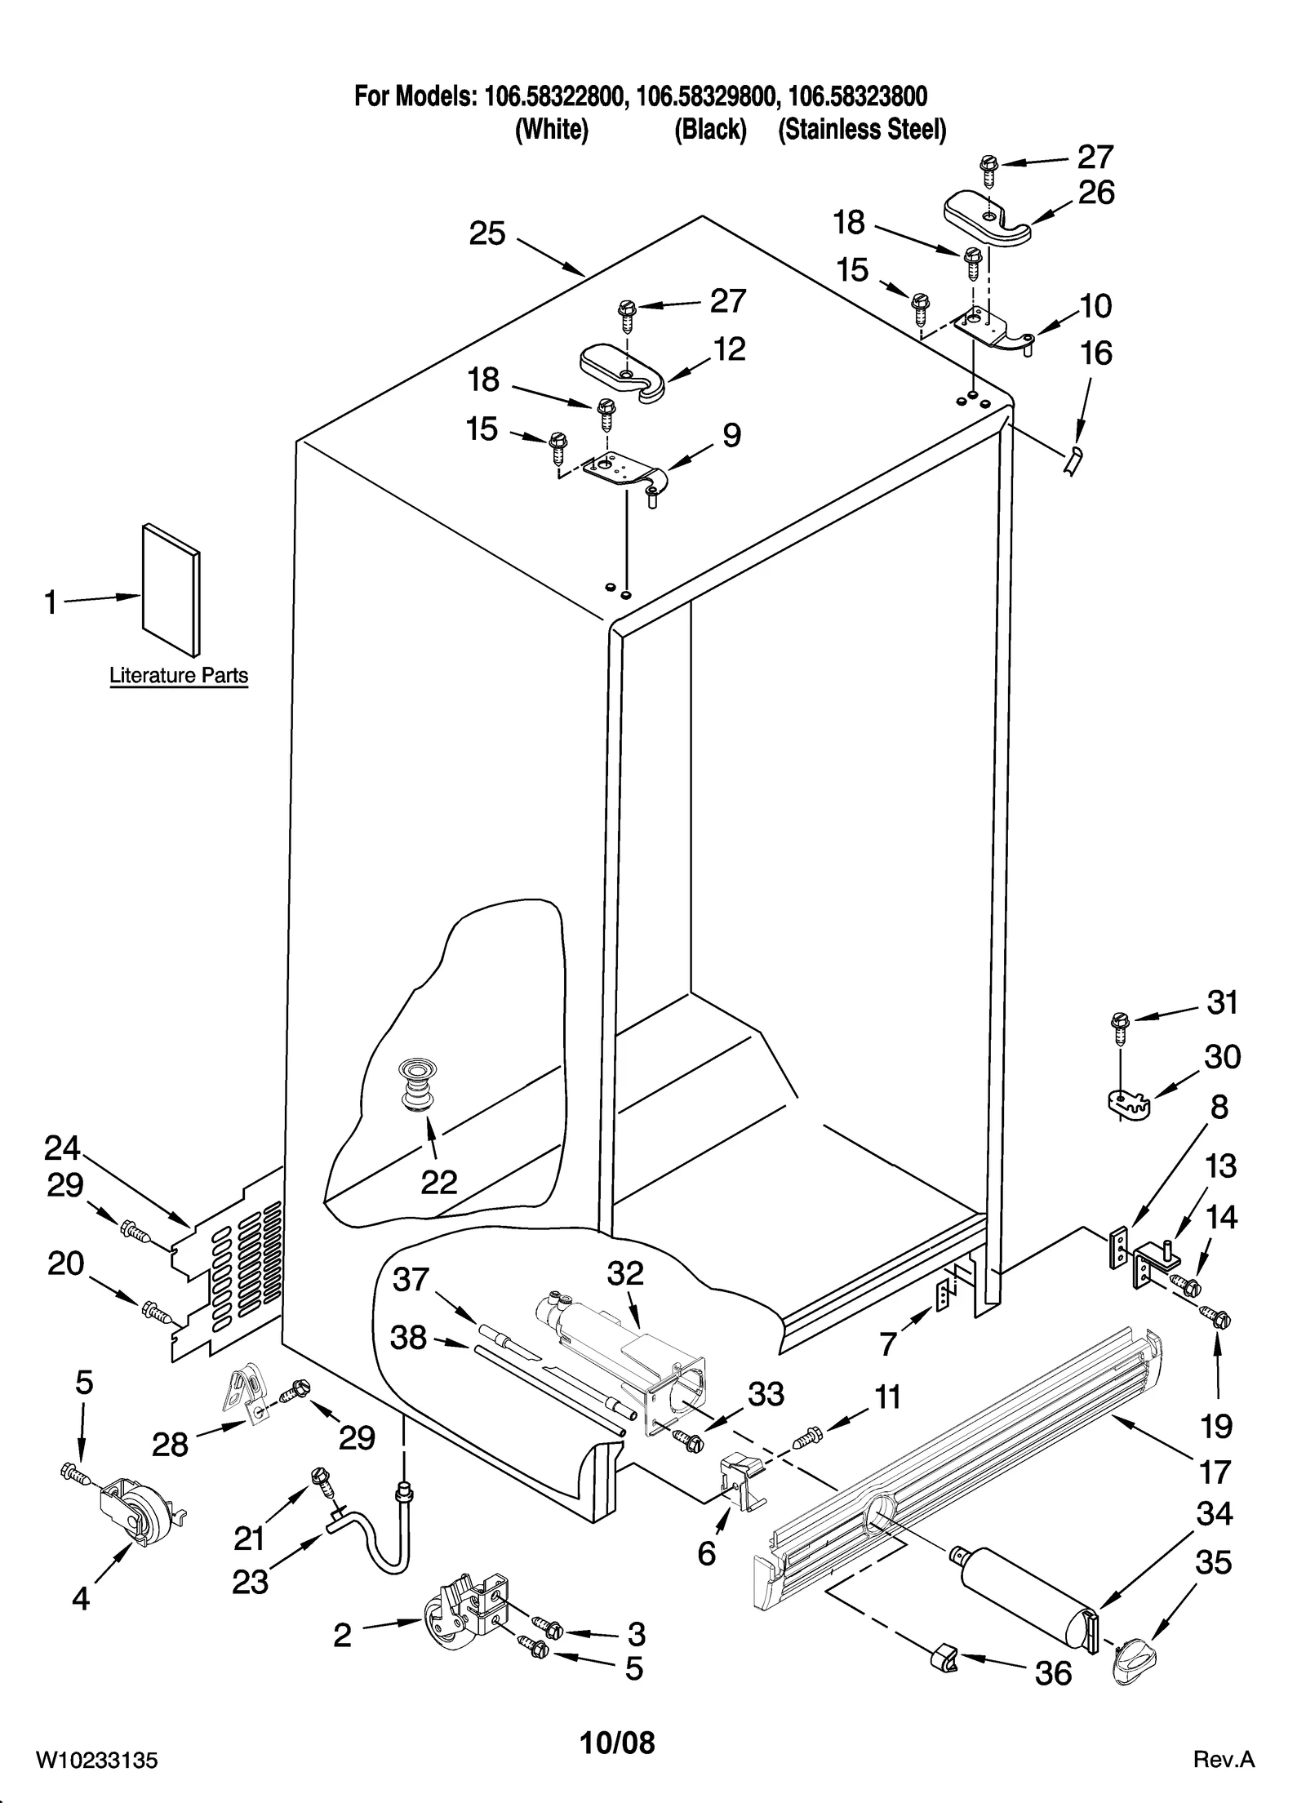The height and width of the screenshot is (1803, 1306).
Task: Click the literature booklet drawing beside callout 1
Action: pos(171,589)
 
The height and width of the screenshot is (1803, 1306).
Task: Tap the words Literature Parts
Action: pos(179,676)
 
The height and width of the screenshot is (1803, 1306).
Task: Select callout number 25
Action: pos(487,234)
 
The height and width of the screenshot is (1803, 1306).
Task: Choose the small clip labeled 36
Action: pos(943,1658)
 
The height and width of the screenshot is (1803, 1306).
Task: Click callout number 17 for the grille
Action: pos(1215,1472)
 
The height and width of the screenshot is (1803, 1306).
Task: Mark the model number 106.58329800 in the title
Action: pos(705,97)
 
